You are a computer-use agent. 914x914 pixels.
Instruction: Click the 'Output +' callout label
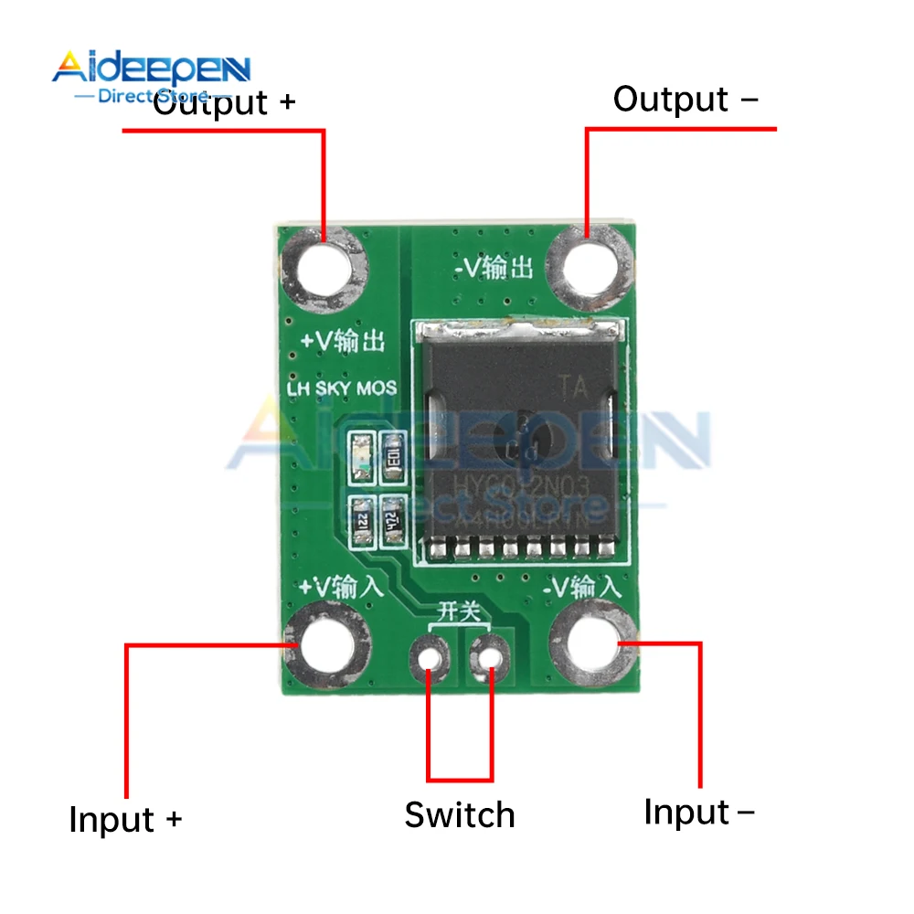click(224, 101)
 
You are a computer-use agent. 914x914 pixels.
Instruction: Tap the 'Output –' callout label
click(685, 100)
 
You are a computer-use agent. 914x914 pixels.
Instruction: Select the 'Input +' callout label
click(125, 818)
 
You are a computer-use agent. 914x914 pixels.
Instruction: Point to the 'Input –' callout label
click(699, 812)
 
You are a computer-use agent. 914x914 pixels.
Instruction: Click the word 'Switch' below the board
click(460, 814)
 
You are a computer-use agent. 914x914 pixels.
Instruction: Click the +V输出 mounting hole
click(324, 270)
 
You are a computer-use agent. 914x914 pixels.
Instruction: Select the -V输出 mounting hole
click(592, 265)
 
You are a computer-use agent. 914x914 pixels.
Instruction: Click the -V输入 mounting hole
click(594, 643)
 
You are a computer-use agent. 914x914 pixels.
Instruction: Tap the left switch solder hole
click(429, 655)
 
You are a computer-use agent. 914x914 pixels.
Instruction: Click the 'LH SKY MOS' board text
click(342, 388)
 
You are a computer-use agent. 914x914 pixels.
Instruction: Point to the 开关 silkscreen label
click(460, 611)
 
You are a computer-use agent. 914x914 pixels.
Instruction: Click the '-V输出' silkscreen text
click(494, 268)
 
